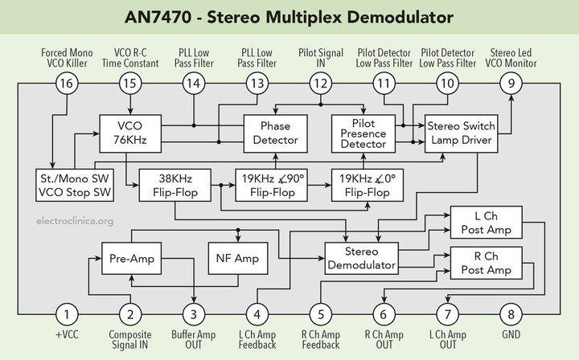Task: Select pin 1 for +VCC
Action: (69, 314)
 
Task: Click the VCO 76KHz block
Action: (130, 133)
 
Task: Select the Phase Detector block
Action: (276, 133)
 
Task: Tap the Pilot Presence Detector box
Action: (364, 133)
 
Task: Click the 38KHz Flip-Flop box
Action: (175, 184)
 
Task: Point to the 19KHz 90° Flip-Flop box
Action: (270, 184)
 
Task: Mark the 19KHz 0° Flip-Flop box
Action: (366, 184)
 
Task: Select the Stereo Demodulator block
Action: (361, 257)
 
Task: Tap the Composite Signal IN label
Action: (130, 340)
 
